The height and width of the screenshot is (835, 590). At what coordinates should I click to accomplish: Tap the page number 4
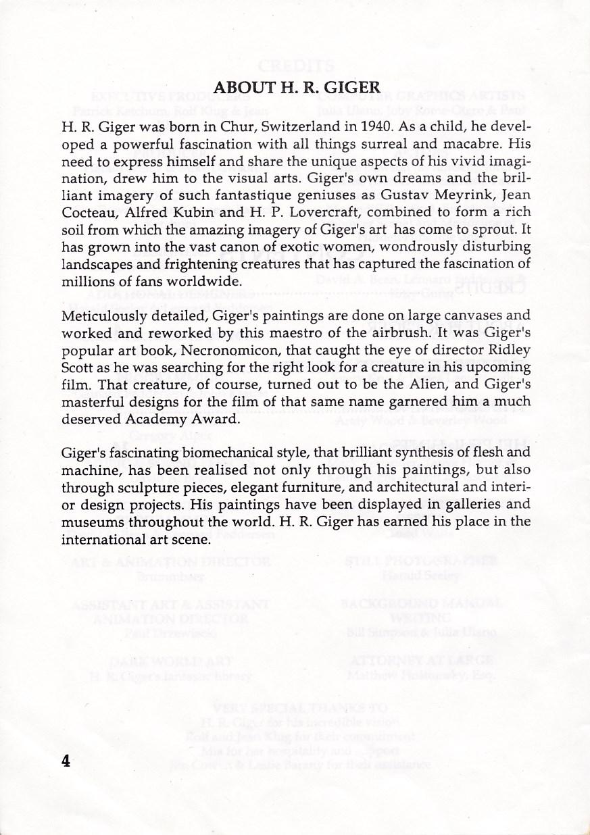tap(66, 761)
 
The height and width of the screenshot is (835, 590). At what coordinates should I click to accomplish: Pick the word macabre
tap(479, 144)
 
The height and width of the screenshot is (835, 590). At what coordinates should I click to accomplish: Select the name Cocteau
tap(87, 214)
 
